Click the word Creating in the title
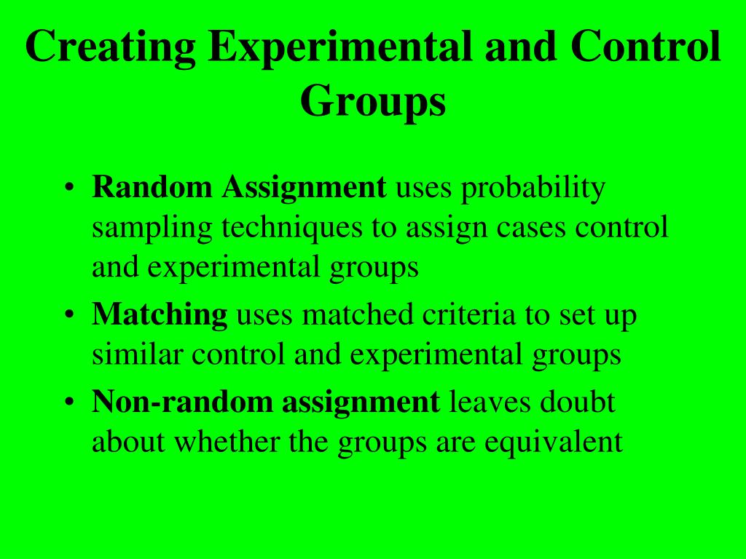pos(109,48)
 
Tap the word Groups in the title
pos(372,102)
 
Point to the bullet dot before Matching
pos(68,316)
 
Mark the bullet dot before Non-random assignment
pos(68,402)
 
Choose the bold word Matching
pos(160,316)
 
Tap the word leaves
pos(490,402)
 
